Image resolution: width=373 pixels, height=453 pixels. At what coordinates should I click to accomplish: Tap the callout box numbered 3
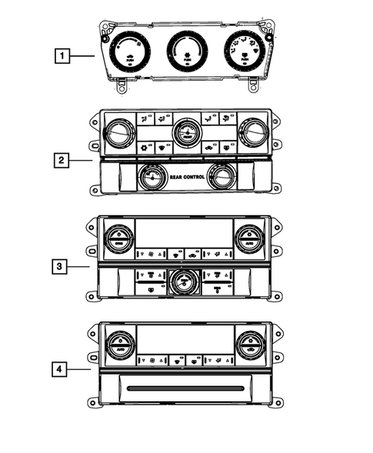click(59, 266)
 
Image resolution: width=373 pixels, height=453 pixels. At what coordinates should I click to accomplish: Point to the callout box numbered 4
click(59, 369)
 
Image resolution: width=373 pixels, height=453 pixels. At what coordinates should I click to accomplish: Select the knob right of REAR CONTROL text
click(221, 178)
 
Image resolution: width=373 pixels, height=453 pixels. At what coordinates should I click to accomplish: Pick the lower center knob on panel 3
click(185, 282)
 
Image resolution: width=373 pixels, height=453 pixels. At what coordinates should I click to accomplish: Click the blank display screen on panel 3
click(185, 233)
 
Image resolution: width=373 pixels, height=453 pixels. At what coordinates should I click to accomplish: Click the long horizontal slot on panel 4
click(185, 389)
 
